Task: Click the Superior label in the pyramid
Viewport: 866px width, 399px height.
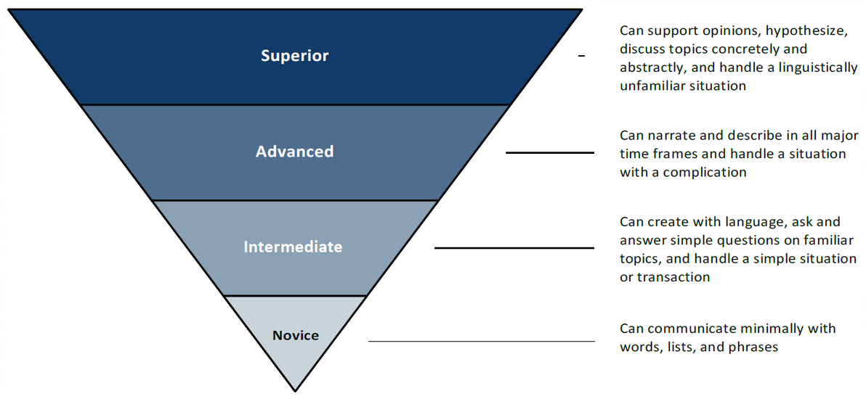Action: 294,56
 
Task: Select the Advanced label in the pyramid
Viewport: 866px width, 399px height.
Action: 294,152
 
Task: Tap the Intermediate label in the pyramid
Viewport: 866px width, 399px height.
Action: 293,247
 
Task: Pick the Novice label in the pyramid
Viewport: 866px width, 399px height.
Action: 296,335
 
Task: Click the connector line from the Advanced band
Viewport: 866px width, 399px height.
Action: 549,152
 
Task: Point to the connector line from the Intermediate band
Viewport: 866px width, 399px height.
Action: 514,248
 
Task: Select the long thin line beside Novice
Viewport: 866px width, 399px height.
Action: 481,341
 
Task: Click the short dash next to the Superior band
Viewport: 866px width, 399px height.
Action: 581,56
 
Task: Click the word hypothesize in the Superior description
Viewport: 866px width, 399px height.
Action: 773,31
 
